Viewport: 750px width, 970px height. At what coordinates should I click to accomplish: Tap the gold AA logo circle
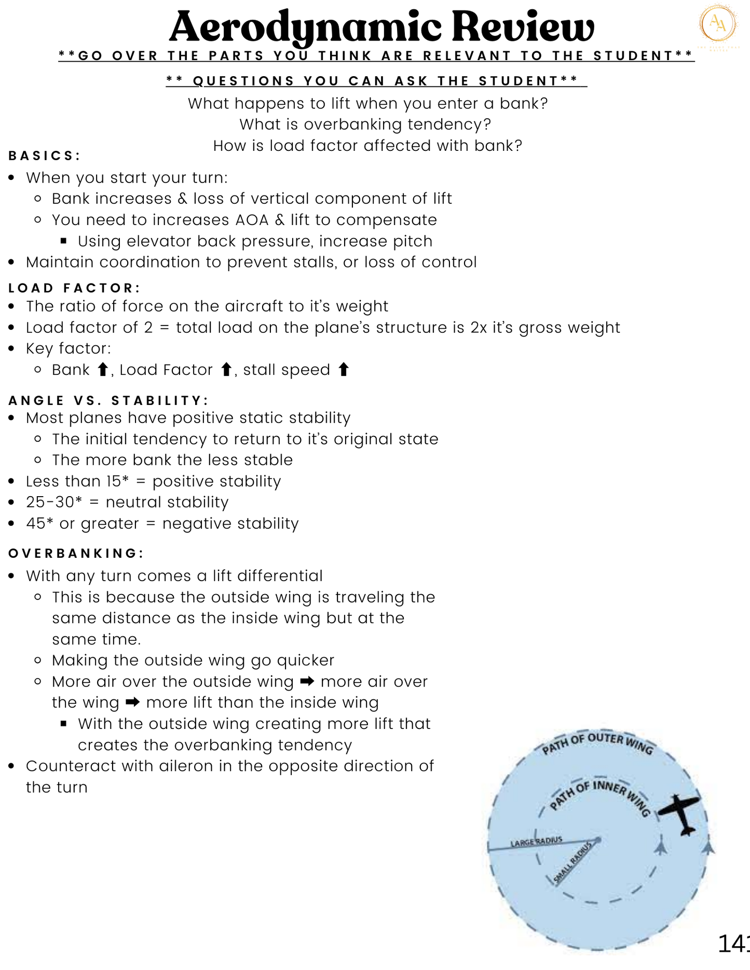click(x=718, y=23)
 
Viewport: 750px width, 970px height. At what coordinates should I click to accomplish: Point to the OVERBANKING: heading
click(x=76, y=553)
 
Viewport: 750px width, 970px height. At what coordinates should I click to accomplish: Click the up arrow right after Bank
click(x=103, y=370)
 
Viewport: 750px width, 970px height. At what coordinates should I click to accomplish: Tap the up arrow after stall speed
click(x=343, y=370)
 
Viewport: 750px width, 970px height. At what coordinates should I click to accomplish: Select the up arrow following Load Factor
click(x=226, y=370)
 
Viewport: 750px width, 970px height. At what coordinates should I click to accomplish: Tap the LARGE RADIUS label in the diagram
click(x=536, y=841)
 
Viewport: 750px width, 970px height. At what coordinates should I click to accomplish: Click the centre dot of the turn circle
click(x=598, y=839)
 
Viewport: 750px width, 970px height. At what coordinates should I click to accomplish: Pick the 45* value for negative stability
click(x=39, y=523)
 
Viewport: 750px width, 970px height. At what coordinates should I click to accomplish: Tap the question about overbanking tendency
click(x=365, y=124)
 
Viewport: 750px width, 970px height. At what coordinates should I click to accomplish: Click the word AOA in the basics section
click(x=252, y=220)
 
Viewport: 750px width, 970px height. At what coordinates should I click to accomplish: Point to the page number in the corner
click(x=733, y=944)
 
